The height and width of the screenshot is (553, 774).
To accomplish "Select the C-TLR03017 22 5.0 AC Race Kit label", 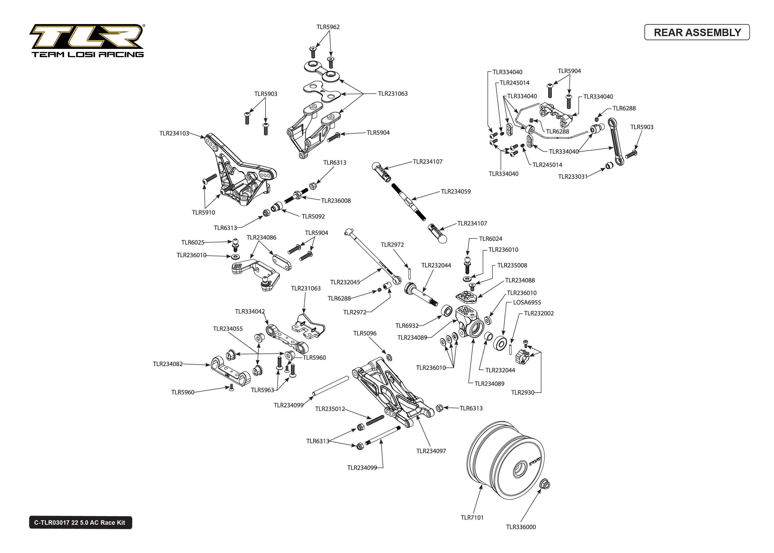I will pos(80,522).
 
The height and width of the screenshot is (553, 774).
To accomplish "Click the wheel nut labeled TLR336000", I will pos(545,484).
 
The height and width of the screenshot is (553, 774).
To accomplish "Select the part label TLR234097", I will pos(431,451).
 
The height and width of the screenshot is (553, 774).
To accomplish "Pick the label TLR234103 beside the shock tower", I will pos(174,133).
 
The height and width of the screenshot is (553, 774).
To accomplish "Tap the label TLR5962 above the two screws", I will pos(328,27).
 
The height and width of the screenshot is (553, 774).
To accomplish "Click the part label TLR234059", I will pos(455,191).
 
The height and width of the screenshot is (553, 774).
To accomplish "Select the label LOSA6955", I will pos(527,302).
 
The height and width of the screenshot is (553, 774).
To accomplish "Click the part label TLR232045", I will pos(345,282).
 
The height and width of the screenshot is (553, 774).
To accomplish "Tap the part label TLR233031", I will pos(573,176).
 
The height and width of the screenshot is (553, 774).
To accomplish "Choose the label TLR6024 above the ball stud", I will pos(491,239).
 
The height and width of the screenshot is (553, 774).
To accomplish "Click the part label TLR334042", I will pos(250,311).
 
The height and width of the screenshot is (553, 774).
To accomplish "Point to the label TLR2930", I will pos(522,392).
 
